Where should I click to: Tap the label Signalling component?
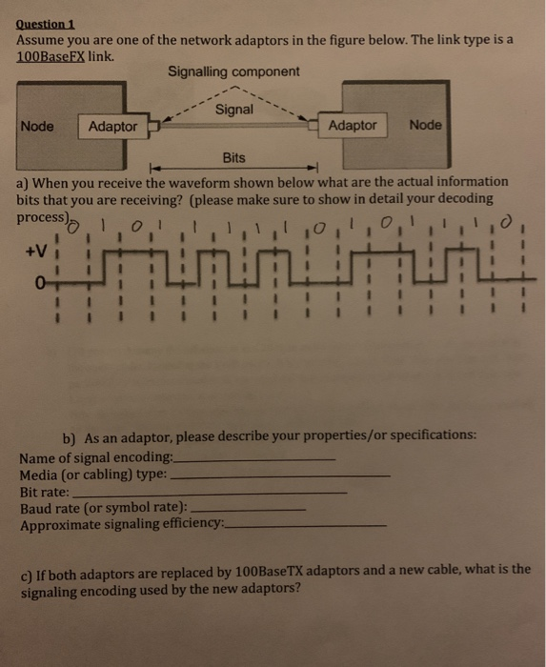(233, 71)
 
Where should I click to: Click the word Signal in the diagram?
(234, 110)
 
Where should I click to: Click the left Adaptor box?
(112, 127)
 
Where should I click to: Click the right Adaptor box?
(352, 125)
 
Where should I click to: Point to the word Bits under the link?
(233, 157)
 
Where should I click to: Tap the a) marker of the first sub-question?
(24, 181)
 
